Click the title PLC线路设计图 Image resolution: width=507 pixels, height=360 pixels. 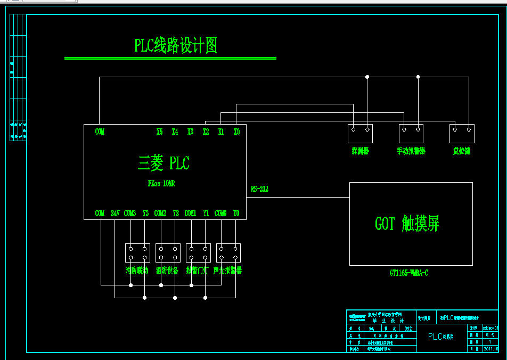click(176, 46)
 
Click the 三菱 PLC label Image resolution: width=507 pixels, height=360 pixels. click(163, 163)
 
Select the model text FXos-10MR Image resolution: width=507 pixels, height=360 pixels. click(161, 183)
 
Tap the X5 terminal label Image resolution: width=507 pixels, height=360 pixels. click(160, 132)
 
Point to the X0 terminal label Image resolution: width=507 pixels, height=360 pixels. click(236, 132)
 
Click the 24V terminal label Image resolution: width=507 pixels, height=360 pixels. click(115, 213)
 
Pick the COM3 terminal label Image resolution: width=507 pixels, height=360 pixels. click(130, 213)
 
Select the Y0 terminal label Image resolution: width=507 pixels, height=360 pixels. click(236, 213)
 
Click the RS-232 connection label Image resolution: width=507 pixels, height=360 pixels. click(260, 189)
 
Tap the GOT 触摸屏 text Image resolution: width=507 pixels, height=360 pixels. click(407, 224)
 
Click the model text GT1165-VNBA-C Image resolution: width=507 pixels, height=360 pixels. click(408, 273)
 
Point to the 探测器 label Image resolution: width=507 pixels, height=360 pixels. click(360, 151)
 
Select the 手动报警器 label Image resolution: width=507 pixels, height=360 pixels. click(411, 151)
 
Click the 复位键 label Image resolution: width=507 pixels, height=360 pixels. click(461, 151)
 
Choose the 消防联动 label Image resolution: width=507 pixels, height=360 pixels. click(137, 271)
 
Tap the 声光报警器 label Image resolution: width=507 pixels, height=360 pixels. click(227, 271)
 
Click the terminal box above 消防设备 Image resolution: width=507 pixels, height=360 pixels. click(168, 252)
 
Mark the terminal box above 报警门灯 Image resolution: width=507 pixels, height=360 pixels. click(198, 252)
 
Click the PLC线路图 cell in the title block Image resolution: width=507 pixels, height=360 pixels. click(441, 337)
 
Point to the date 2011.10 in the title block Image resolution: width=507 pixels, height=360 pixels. click(490, 349)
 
